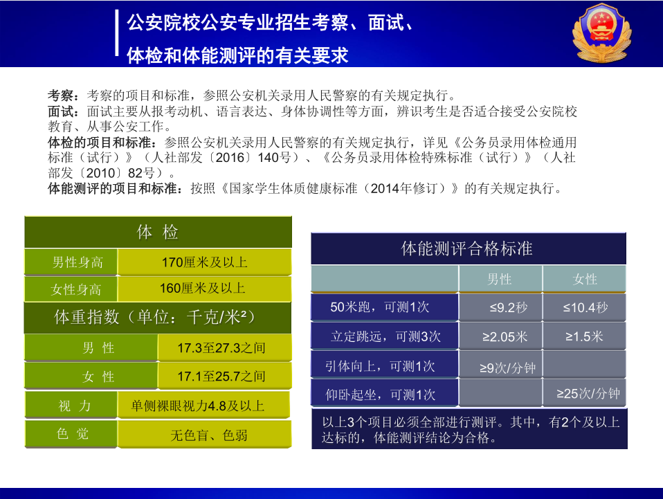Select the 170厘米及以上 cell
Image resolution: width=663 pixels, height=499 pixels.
point(205,262)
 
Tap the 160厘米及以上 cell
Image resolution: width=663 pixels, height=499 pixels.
point(205,289)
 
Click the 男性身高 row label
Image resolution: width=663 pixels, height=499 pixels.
point(71,262)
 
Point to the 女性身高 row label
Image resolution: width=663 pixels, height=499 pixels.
point(71,289)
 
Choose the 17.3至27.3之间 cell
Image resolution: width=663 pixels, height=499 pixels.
point(224,347)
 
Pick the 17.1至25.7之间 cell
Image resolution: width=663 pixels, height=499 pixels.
point(224,376)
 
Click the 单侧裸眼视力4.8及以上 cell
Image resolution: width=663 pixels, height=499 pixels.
point(203,406)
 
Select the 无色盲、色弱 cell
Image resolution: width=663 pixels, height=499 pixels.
point(205,435)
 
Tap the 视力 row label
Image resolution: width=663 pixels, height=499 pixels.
point(71,406)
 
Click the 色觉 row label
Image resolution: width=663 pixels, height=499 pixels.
point(71,434)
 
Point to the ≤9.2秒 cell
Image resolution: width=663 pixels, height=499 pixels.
point(500,307)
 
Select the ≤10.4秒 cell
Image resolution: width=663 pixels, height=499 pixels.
point(584,307)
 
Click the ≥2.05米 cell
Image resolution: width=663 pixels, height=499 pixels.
point(500,336)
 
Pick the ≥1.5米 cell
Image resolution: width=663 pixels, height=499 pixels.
point(584,336)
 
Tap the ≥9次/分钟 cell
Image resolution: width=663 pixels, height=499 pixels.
point(500,365)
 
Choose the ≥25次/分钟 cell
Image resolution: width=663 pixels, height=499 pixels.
point(584,393)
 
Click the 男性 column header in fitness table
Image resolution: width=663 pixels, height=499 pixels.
point(500,279)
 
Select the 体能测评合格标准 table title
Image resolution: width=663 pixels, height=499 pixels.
point(468,248)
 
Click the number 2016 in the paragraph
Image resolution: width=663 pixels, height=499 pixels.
point(230,158)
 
